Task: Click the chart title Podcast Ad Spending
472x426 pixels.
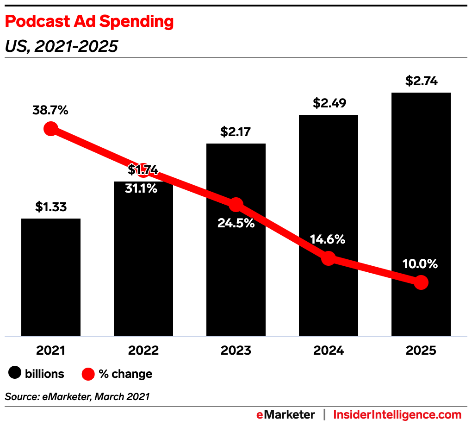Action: (x=89, y=21)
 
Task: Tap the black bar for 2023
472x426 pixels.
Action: (x=236, y=278)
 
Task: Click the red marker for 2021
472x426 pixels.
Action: (x=50, y=129)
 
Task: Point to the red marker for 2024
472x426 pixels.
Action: (x=328, y=258)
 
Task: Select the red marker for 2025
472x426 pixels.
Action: (x=421, y=282)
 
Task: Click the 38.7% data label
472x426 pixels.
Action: (x=50, y=111)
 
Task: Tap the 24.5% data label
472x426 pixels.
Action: (x=236, y=223)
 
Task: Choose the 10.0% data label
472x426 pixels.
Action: (x=420, y=264)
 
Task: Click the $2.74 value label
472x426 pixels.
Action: (x=421, y=81)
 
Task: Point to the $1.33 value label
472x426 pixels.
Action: (x=51, y=207)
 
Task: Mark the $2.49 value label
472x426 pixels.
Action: (x=329, y=103)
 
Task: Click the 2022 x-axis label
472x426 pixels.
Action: (x=143, y=351)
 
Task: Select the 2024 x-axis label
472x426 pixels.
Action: (x=329, y=351)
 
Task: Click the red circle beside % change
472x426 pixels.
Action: (x=88, y=373)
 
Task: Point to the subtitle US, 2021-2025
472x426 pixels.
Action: (x=62, y=46)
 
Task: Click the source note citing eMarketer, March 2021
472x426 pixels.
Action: (x=77, y=396)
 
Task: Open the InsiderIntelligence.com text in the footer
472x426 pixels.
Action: (x=397, y=414)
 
